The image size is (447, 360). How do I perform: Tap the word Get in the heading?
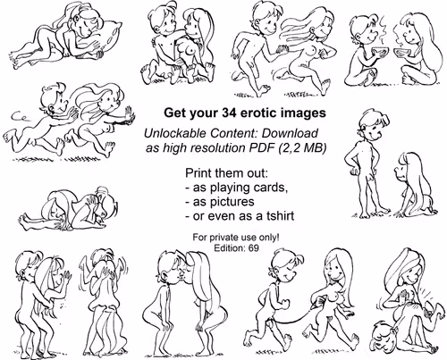pyautogui.click(x=173, y=113)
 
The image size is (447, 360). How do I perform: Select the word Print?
pyautogui.click(x=196, y=172)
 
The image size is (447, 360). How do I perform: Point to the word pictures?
pyautogui.click(x=232, y=202)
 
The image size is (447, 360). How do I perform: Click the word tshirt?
pyautogui.click(x=278, y=216)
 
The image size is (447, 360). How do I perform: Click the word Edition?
pyautogui.click(x=229, y=247)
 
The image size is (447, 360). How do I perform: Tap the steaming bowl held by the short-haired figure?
pyautogui.click(x=376, y=52)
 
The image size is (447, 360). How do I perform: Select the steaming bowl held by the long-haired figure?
pyautogui.click(x=401, y=52)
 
